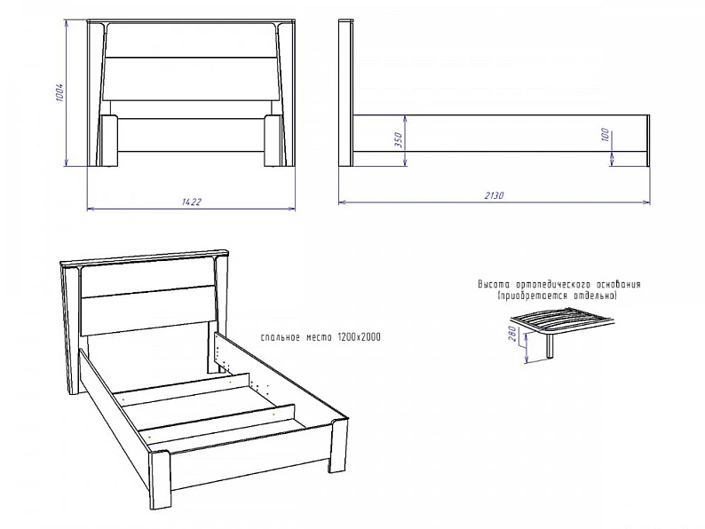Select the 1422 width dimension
coord(192,201)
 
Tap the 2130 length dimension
coord(495,195)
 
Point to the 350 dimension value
coord(399,140)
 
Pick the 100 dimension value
coord(605,134)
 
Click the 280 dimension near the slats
coord(513,335)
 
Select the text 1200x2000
coord(359,337)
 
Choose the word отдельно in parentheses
coord(595,296)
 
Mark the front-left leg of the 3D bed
coord(161,480)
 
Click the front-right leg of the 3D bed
coord(338,446)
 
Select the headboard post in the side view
coord(345,93)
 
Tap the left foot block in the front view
coord(109,141)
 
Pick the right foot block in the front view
coord(273,141)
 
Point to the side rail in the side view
coord(500,133)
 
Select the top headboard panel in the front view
coord(190,41)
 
